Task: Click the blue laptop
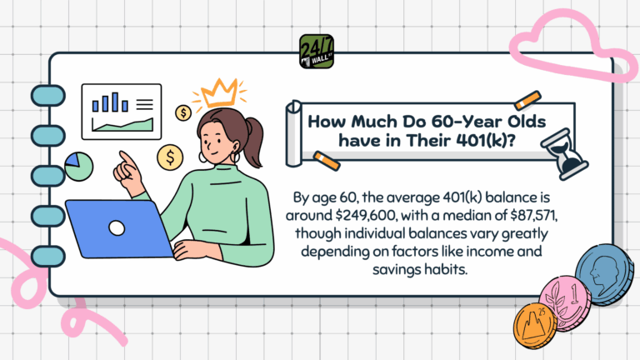click(x=117, y=228)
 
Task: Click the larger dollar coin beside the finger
click(x=169, y=156)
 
